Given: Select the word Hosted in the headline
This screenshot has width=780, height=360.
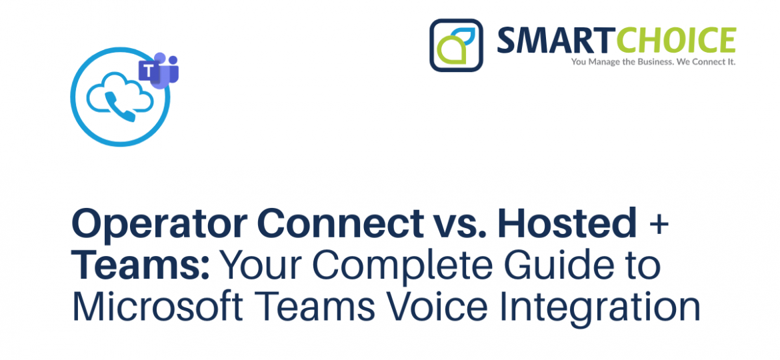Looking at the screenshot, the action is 567,223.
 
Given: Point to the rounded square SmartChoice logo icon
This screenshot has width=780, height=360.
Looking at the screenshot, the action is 456,45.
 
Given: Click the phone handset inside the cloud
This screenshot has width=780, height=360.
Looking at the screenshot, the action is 120,107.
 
